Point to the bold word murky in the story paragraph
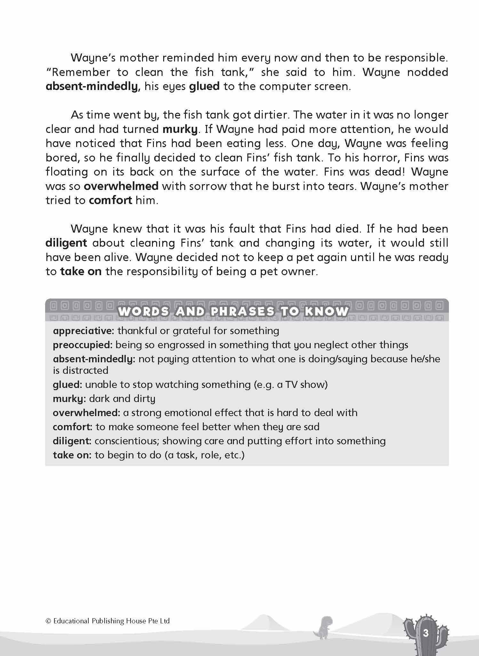(x=180, y=129)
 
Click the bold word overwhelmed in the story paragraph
(x=121, y=186)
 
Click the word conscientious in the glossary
(x=127, y=441)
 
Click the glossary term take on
(x=72, y=455)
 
